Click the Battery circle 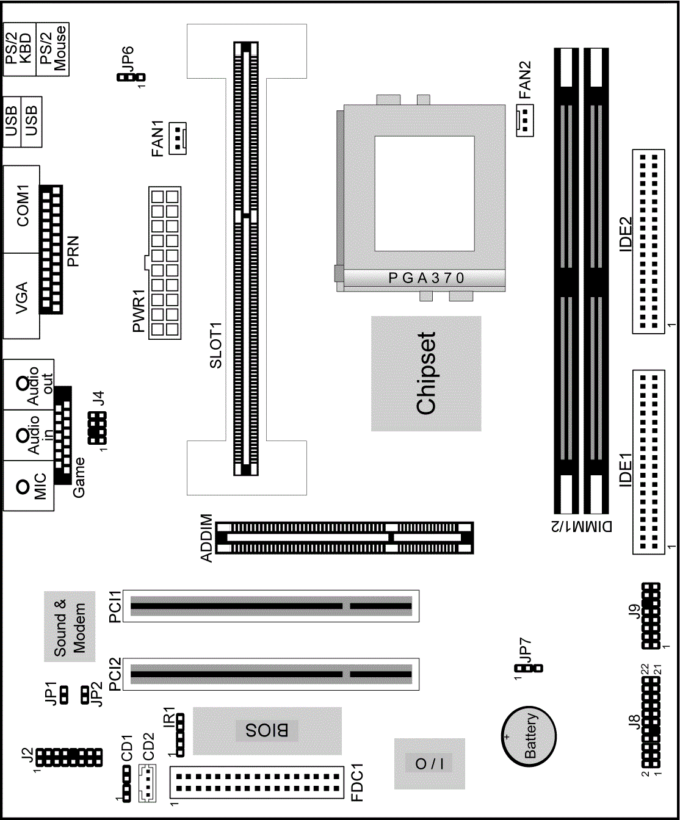[x=529, y=735]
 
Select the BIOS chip [x=267, y=730]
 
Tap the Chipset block [x=426, y=373]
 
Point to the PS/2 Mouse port [x=53, y=49]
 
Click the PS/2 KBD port [x=20, y=49]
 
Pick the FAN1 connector [x=178, y=138]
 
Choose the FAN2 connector [x=524, y=120]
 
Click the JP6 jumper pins [x=131, y=77]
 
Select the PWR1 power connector [x=165, y=263]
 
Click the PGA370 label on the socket [x=426, y=278]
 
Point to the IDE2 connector [x=648, y=241]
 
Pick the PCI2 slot [x=271, y=674]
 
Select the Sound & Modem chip [x=70, y=627]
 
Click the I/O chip [x=429, y=763]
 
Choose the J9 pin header [x=651, y=616]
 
